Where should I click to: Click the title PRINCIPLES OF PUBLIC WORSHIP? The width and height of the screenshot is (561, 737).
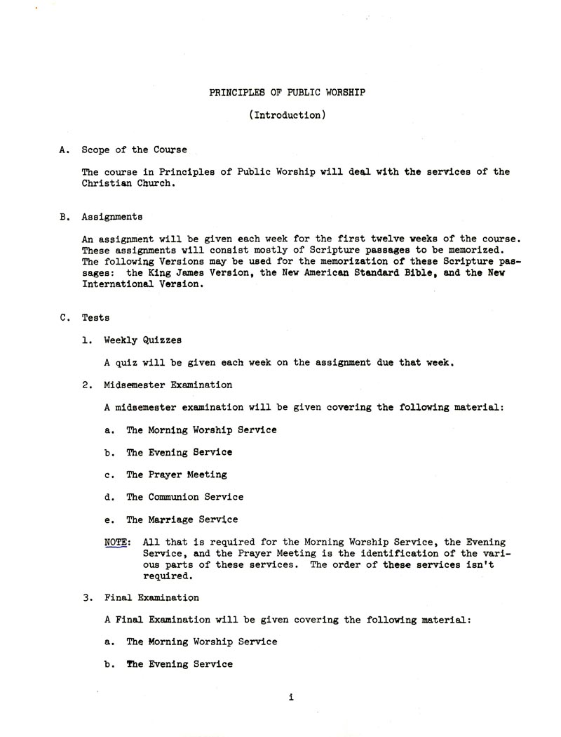pyautogui.click(x=287, y=93)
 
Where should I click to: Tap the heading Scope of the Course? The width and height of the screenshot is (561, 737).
pyautogui.click(x=135, y=150)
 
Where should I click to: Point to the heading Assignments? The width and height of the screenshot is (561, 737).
pyautogui.click(x=112, y=217)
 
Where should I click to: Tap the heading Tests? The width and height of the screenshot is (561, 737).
pyautogui.click(x=95, y=317)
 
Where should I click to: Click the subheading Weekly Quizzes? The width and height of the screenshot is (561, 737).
pyautogui.click(x=142, y=340)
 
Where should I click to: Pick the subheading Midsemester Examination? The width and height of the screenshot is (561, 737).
pyautogui.click(x=168, y=385)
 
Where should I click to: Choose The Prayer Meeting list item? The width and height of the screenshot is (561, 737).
pyautogui.click(x=176, y=474)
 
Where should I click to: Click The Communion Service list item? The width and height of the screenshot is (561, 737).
pyautogui.click(x=184, y=497)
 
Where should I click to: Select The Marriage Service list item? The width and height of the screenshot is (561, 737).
pyautogui.click(x=182, y=519)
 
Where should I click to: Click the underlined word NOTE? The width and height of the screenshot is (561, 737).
pyautogui.click(x=115, y=543)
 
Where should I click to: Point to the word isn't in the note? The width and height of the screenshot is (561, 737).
pyautogui.click(x=480, y=565)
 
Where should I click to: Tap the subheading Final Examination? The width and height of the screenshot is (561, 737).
pyautogui.click(x=151, y=598)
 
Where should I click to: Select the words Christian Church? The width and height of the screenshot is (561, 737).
pyautogui.click(x=126, y=182)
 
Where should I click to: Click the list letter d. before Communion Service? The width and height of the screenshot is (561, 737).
pyautogui.click(x=109, y=497)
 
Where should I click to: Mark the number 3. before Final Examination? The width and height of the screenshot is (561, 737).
pyautogui.click(x=86, y=598)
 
